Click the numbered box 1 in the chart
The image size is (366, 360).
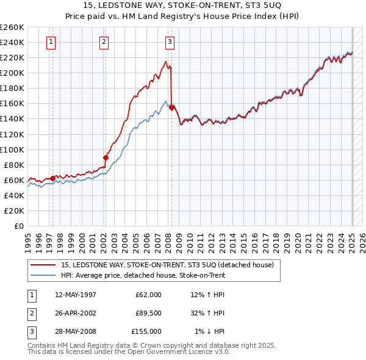point(51,42)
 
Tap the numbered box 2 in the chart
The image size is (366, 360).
point(104,42)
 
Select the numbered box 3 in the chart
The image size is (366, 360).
point(170,42)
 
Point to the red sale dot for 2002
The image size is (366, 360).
point(106,157)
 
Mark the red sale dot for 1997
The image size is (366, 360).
point(52,178)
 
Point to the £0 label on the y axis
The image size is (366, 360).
point(18,226)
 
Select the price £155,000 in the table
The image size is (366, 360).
point(146,331)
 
